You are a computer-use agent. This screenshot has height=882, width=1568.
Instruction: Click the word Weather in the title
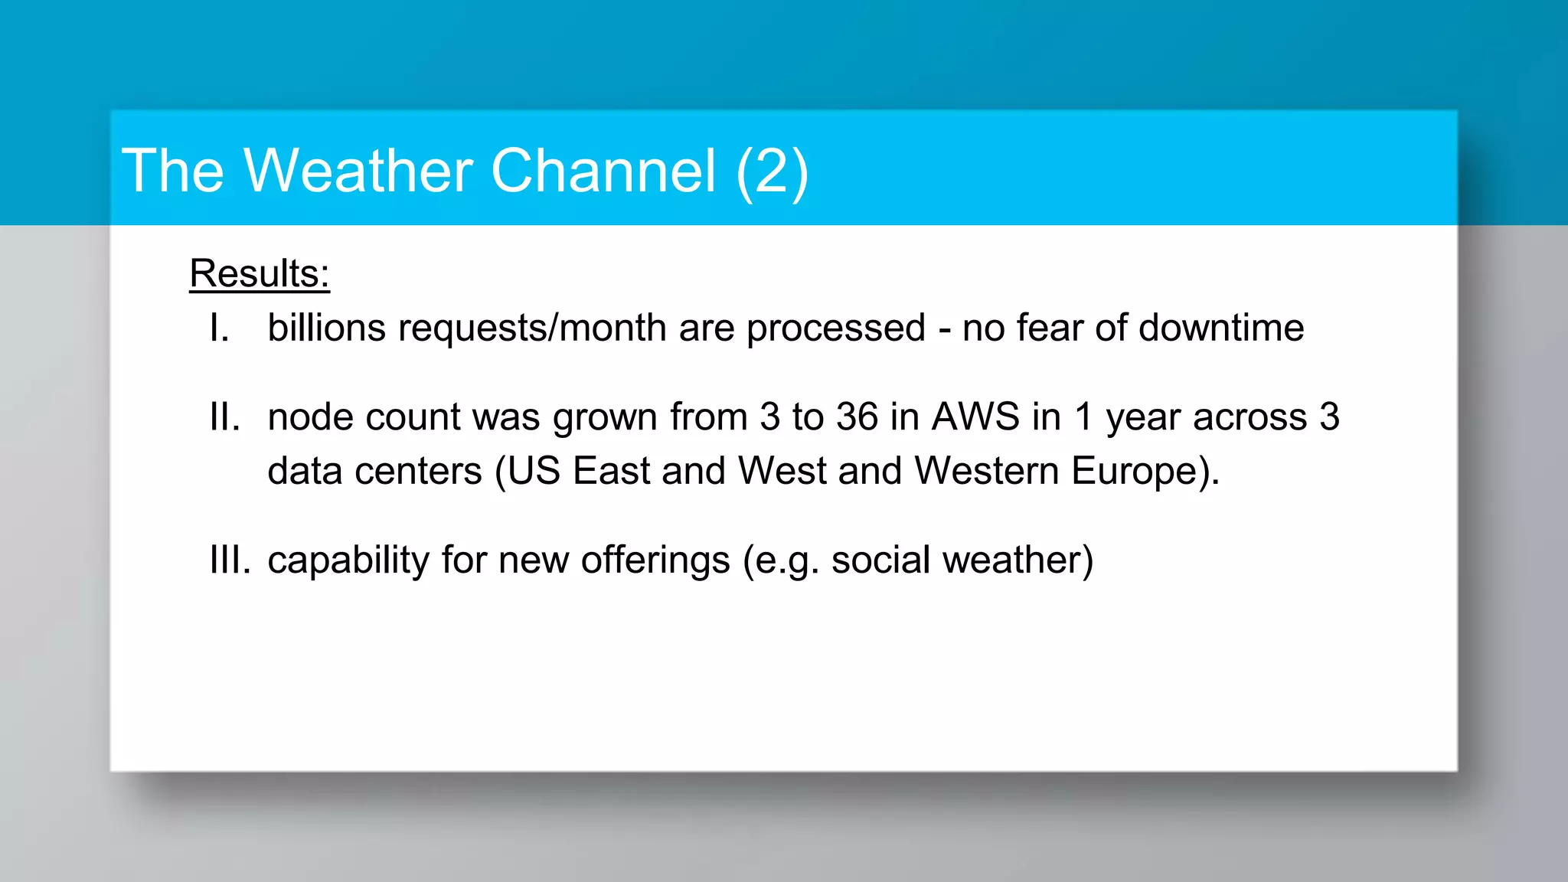coord(358,170)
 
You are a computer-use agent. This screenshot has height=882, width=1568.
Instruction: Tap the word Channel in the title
coord(603,170)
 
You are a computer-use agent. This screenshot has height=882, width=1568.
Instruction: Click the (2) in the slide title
coord(771,171)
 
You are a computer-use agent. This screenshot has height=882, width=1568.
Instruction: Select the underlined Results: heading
coord(260,274)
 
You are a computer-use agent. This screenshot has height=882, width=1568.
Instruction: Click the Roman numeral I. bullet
coord(219,328)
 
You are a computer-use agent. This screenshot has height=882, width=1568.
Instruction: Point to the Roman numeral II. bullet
coord(224,417)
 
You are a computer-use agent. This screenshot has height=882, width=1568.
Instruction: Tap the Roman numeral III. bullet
coord(230,560)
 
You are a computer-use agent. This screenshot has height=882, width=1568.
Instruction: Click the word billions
coord(326,328)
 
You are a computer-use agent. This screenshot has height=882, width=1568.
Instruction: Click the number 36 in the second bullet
coord(857,417)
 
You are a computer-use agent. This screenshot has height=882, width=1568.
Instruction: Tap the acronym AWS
coord(975,417)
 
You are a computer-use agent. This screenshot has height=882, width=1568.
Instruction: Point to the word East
coord(611,471)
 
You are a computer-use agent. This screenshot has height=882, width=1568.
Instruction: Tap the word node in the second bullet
coord(310,418)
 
